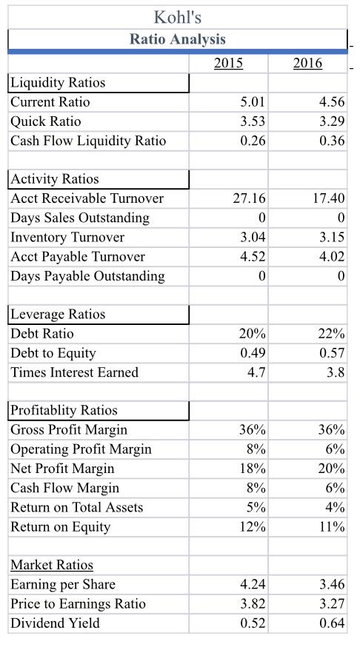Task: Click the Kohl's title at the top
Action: (177, 16)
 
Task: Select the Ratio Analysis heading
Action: (177, 39)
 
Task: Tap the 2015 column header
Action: (228, 64)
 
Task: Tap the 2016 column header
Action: (307, 64)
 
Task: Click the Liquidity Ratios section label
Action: (58, 82)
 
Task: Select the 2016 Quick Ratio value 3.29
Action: (330, 121)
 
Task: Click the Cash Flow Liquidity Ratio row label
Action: (88, 141)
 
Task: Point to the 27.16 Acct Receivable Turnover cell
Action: (250, 198)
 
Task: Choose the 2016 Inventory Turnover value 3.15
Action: (330, 237)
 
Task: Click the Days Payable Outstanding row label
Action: (87, 275)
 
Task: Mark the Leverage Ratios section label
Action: (58, 314)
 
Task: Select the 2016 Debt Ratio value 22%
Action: (330, 334)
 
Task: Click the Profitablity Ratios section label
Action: (64, 410)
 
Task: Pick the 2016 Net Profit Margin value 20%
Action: (330, 469)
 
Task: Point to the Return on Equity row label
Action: (60, 526)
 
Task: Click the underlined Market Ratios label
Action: (52, 566)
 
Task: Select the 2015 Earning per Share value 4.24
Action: (253, 585)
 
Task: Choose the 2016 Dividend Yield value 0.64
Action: (330, 623)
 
